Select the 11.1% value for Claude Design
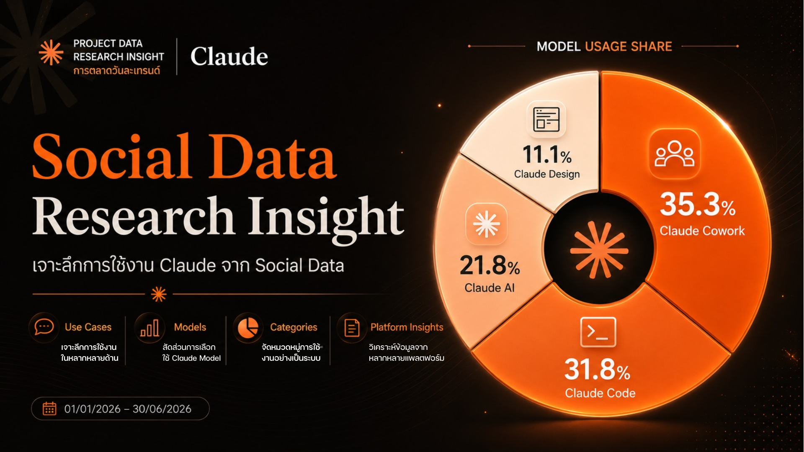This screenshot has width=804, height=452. click(547, 154)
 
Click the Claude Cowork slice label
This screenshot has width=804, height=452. click(702, 231)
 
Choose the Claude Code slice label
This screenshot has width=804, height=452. click(600, 393)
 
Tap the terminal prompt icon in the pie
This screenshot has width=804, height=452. click(598, 332)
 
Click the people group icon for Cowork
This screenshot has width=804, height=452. click(675, 154)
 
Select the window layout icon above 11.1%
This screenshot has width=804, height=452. click(546, 119)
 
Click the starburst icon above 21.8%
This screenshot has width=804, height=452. click(486, 224)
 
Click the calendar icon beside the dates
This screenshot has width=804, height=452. click(49, 408)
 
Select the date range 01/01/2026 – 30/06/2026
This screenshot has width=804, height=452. click(128, 409)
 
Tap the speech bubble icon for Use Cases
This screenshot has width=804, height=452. click(44, 327)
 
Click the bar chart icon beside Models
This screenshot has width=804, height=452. click(149, 328)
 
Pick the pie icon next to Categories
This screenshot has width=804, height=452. click(248, 327)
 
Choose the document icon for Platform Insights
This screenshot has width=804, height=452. click(352, 328)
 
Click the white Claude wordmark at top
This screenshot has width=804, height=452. click(229, 56)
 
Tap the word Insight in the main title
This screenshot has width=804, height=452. click(326, 217)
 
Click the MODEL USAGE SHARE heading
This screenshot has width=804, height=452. click(604, 46)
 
